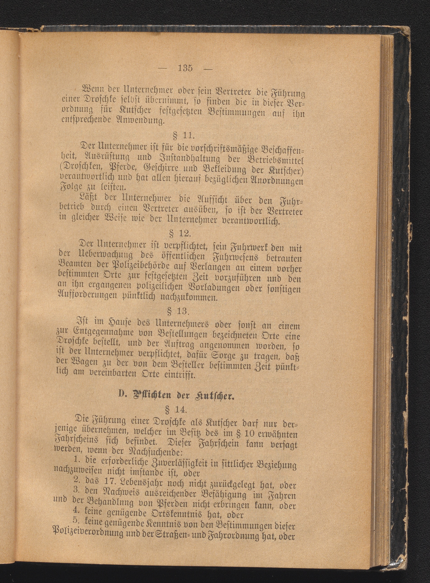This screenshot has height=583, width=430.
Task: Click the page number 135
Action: tap(186, 68)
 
